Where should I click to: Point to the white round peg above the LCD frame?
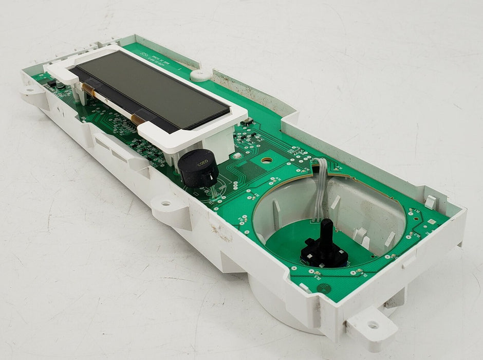(x=200, y=75)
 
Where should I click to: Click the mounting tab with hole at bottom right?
(x=373, y=325)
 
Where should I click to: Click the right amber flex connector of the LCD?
(x=138, y=119)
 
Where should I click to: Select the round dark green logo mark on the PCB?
(x=323, y=289)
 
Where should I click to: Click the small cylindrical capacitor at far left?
(x=60, y=85)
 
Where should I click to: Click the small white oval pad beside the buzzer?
(x=237, y=155)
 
